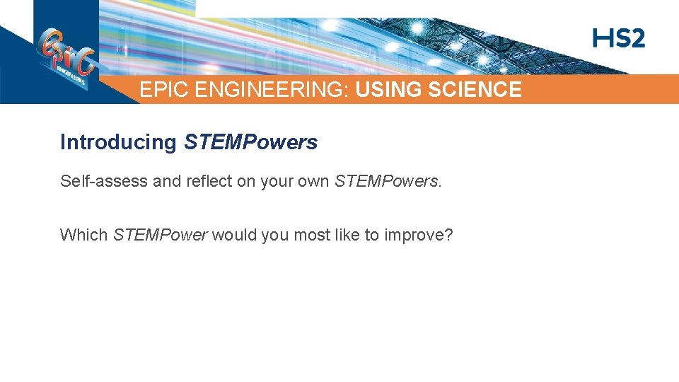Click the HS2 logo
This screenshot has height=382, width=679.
tap(618, 38)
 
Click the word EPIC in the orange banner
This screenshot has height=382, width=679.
tap(159, 90)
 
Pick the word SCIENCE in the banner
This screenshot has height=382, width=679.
tap(475, 90)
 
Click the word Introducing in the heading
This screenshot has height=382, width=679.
tap(118, 142)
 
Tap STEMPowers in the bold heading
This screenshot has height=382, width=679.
tap(250, 142)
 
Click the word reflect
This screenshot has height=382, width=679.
tap(209, 181)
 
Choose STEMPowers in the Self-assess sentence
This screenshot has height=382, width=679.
tap(386, 181)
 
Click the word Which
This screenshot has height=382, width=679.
tap(83, 235)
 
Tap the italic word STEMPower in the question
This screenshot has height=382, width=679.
tap(160, 235)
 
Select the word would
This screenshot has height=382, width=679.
tap(234, 235)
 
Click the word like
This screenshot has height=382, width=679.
tap(348, 235)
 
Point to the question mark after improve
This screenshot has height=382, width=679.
tap(448, 235)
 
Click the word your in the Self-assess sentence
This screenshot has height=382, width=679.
tap(277, 182)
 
